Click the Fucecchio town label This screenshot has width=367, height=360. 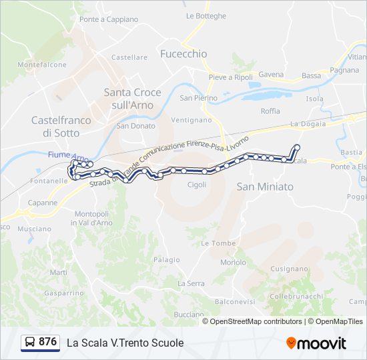pos(183,53)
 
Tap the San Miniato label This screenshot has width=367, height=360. pos(265,187)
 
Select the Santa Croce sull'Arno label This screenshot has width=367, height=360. pos(129,99)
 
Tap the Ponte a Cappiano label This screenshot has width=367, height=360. pos(108,19)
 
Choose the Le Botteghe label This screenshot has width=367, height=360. pos(206,15)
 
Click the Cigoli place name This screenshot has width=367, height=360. pos(197,185)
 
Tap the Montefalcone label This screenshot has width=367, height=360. pos(42,65)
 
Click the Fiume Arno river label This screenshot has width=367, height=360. pos(69,155)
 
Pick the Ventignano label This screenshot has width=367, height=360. pos(191,120)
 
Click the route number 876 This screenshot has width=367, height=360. pos(47,342)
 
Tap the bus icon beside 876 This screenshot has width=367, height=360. pos(30,342)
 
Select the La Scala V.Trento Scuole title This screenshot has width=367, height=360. pos(125,343)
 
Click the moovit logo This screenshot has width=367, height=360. pos(316,343)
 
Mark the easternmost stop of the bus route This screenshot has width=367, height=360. pos(297,147)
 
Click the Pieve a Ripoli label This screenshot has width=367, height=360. pos(230,77)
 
